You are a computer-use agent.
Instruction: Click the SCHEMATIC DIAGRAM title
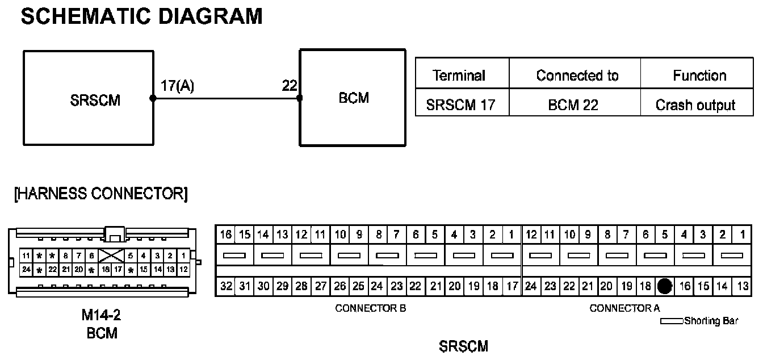pyautogui.click(x=141, y=16)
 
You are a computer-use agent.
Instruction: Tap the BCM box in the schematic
pyautogui.click(x=353, y=98)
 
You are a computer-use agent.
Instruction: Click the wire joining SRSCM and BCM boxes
pyautogui.click(x=226, y=98)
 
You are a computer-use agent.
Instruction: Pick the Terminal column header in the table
pyautogui.click(x=459, y=76)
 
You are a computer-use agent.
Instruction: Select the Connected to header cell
pyautogui.click(x=577, y=76)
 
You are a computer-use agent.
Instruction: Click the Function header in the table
pyautogui.click(x=699, y=76)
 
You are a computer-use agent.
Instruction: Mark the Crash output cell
pyautogui.click(x=695, y=105)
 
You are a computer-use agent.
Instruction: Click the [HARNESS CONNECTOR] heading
pyautogui.click(x=100, y=194)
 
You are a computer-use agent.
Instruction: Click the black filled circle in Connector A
pyautogui.click(x=665, y=287)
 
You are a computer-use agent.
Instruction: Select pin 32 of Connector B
pyautogui.click(x=226, y=286)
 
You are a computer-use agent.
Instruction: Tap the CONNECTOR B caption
pyautogui.click(x=371, y=309)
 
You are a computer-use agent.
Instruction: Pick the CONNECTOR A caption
pyautogui.click(x=624, y=309)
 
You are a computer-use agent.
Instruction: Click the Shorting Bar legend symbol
pyautogui.click(x=672, y=321)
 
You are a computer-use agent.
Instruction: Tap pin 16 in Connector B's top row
pyautogui.click(x=225, y=234)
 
